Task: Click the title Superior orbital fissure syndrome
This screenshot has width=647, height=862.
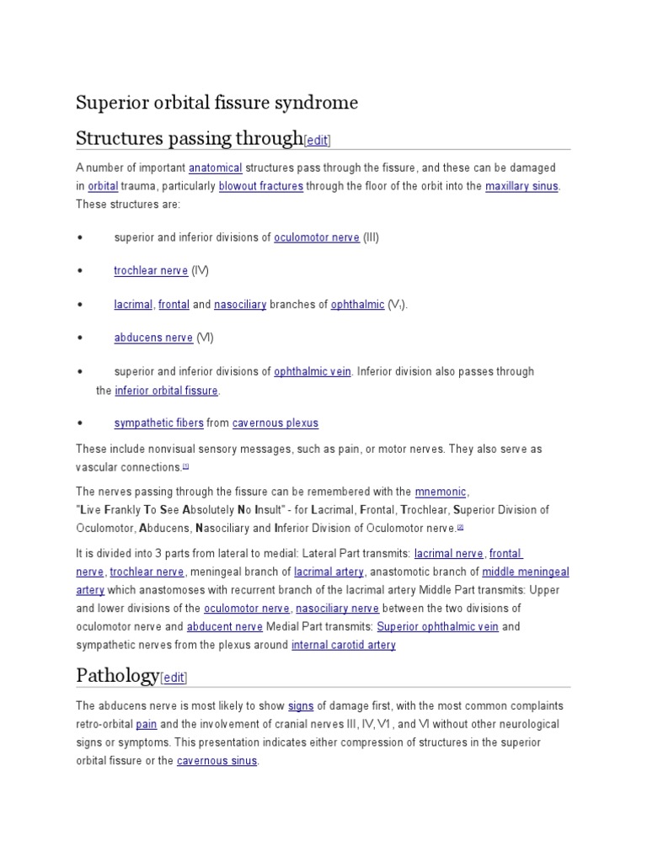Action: [217, 103]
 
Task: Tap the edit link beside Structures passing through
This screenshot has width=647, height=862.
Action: [318, 141]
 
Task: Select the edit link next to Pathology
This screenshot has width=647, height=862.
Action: [174, 677]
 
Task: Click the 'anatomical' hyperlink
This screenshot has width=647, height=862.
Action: [215, 168]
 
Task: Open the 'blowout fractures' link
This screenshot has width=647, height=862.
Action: [260, 186]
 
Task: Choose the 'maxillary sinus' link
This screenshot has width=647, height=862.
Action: [521, 186]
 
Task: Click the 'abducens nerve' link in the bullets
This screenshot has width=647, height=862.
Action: [153, 338]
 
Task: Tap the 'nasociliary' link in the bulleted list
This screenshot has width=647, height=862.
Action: [240, 305]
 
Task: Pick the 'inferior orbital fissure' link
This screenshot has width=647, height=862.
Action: [166, 391]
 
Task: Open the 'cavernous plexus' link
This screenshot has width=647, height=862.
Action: [275, 423]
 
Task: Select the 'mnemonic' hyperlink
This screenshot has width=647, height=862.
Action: [441, 492]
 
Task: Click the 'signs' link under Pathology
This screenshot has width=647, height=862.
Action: [301, 705]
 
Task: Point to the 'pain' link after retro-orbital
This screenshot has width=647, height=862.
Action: [147, 724]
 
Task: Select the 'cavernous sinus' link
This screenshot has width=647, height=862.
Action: [217, 761]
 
